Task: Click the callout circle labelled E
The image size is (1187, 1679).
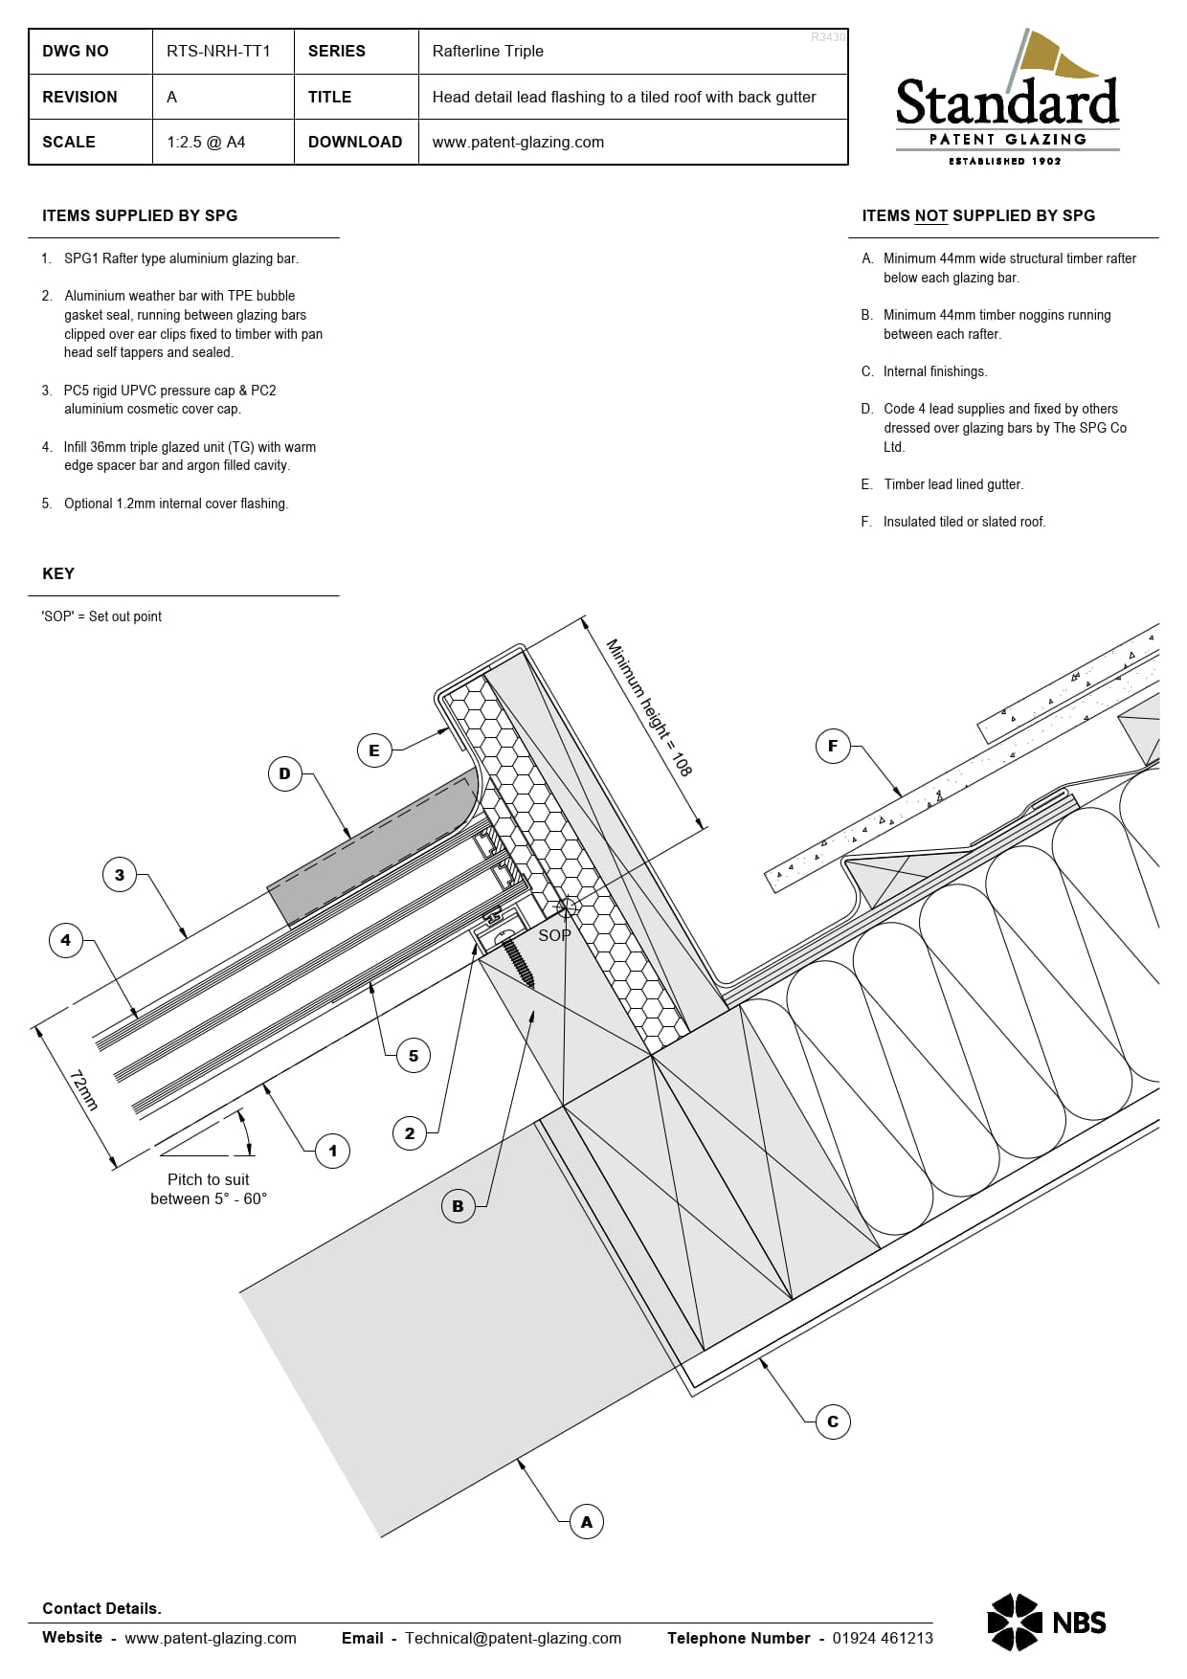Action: point(374,750)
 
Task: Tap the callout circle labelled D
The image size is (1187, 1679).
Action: point(284,773)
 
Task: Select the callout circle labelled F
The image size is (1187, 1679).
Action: point(833,746)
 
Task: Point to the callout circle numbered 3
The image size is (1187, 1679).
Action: point(120,875)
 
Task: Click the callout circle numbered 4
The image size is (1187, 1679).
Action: point(66,940)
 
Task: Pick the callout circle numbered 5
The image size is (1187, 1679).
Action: point(414,1056)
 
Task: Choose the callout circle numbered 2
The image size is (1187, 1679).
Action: point(410,1133)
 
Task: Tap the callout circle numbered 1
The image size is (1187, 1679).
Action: point(333,1151)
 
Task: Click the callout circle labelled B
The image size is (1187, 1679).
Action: point(458,1206)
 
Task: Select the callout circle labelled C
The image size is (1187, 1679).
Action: point(833,1422)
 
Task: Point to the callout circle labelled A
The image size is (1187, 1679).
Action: point(587,1522)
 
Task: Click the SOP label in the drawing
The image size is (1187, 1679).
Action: point(554,935)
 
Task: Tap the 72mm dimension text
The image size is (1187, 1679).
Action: point(83,1090)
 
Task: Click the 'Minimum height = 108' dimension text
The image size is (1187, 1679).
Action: point(649,707)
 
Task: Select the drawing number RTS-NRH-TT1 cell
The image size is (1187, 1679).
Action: point(218,51)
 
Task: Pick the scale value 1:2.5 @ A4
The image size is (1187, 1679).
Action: point(206,142)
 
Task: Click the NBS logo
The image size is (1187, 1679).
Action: point(1046,1623)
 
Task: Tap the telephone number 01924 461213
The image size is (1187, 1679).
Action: point(883,1638)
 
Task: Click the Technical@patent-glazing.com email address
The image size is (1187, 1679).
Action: point(513,1638)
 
